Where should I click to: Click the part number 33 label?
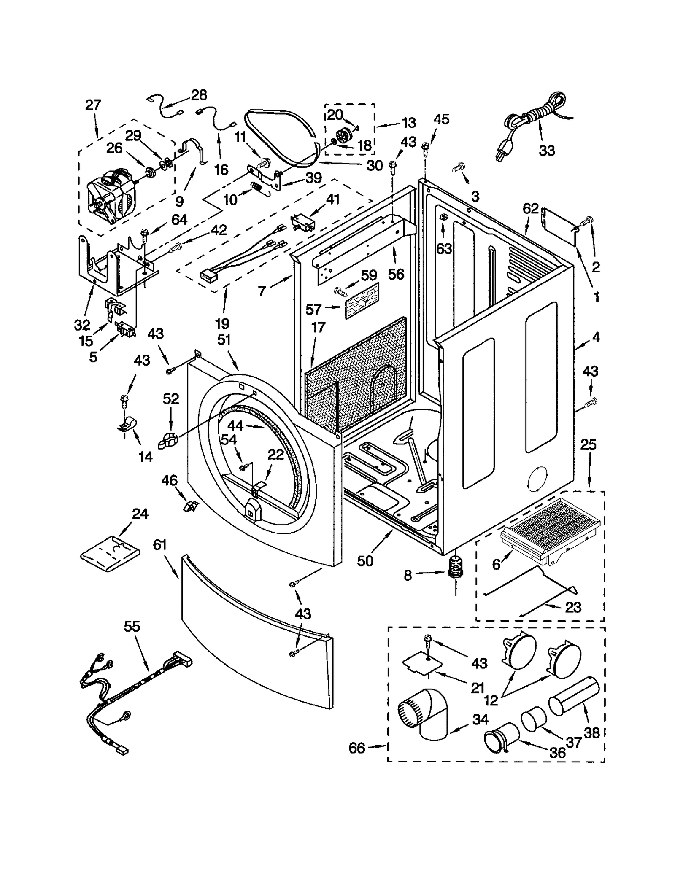coord(547,151)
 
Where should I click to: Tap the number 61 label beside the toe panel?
coord(160,545)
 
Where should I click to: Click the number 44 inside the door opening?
coord(235,426)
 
